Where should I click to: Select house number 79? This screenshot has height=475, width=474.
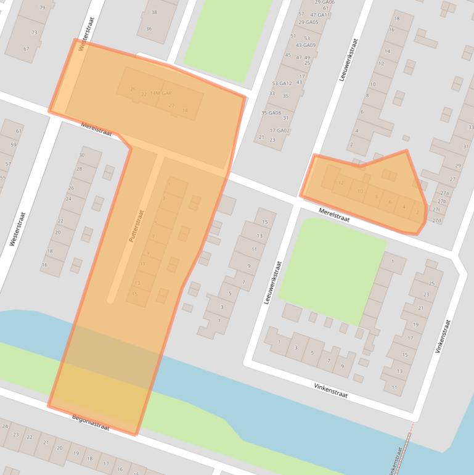[43, 7]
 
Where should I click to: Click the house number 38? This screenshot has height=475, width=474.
[153, 12]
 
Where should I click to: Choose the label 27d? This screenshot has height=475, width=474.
[437, 220]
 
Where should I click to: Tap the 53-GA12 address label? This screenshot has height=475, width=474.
[282, 83]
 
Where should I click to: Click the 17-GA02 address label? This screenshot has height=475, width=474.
[280, 131]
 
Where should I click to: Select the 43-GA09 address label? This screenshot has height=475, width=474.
[305, 45]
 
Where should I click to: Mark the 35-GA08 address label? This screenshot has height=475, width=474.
[271, 113]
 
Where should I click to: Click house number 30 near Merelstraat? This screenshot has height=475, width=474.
[81, 155]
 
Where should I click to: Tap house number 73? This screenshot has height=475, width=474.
[35, 32]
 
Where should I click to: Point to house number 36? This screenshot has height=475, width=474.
[149, 28]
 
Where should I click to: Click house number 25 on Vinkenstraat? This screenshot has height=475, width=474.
[431, 284]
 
